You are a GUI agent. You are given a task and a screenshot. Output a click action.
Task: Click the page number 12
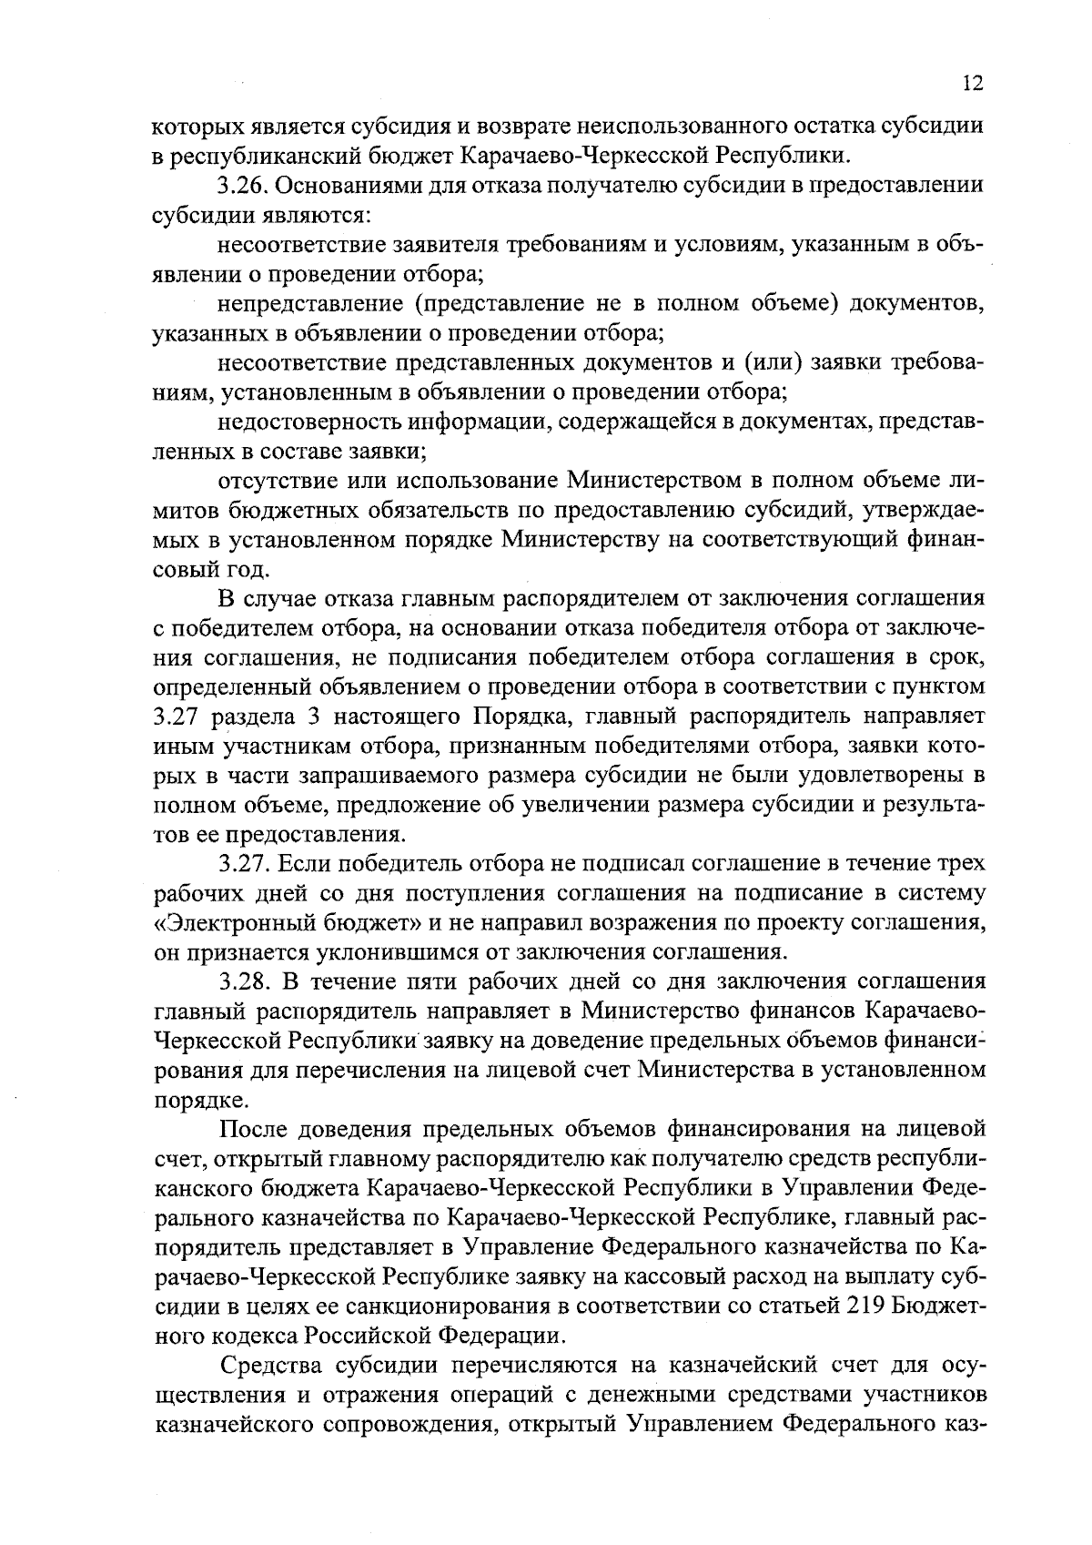pyautogui.click(x=972, y=84)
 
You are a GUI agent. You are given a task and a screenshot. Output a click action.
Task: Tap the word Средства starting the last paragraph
pyautogui.click(x=273, y=1367)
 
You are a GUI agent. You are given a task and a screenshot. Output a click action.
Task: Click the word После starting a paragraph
pyautogui.click(x=256, y=1130)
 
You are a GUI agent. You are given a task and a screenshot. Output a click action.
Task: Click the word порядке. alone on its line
pyautogui.click(x=187, y=1099)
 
